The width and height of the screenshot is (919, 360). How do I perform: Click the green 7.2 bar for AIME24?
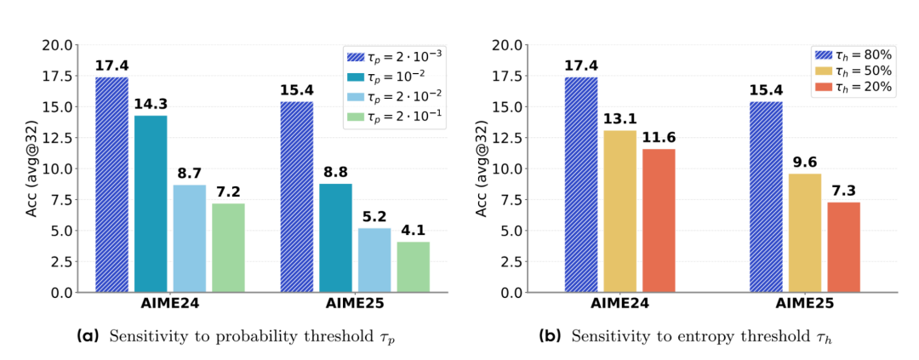[228, 248]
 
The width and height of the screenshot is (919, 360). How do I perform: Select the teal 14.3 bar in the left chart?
[151, 204]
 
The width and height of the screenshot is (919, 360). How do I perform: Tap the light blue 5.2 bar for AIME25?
[374, 260]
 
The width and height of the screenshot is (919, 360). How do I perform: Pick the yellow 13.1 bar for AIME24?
[620, 211]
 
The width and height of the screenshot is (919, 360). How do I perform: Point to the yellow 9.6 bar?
[805, 232]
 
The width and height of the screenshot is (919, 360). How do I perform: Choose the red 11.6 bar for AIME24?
[659, 220]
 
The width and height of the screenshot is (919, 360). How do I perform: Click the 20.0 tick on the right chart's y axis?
[528, 44]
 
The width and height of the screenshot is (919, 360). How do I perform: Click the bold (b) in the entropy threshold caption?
[550, 336]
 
